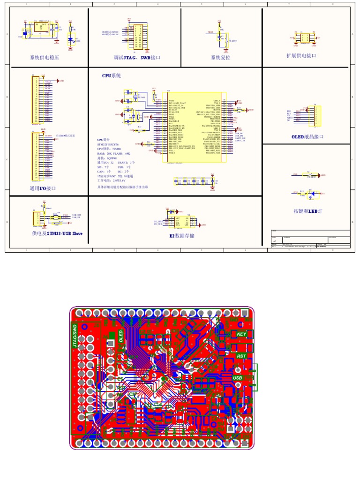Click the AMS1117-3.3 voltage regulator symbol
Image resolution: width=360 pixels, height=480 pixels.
pos(38,27)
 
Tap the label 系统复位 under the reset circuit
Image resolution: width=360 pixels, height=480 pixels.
pos(222,58)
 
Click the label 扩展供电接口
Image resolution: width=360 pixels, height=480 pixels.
pos(301,55)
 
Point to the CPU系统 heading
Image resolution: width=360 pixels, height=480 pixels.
pos(112,75)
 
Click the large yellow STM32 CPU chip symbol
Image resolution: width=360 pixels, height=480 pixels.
pos(194,127)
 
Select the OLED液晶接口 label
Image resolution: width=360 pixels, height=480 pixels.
pos(307,137)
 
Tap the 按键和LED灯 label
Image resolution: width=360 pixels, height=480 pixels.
pos(307,211)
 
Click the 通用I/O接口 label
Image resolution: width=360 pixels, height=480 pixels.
pos(43,188)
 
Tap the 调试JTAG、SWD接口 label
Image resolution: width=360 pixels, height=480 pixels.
pos(137,58)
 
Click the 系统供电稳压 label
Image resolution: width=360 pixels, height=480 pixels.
pos(45,58)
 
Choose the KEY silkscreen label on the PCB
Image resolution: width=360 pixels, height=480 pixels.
pos(241,334)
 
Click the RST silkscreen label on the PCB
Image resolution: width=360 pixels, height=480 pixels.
pos(241,356)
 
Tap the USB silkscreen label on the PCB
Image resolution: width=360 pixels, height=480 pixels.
pos(238,378)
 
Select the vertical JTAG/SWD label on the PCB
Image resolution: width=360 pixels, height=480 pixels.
pos(74,337)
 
